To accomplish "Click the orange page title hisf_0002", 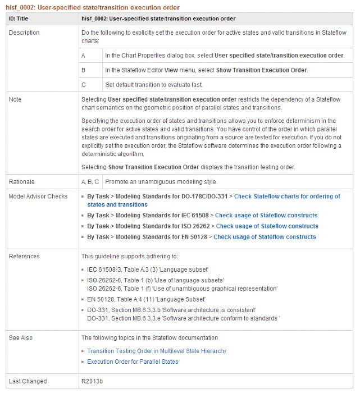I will click(93, 7).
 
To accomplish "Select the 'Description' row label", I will click(24, 33).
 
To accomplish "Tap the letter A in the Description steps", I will click(83, 56).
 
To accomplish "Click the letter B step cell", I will click(83, 70).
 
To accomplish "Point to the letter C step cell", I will click(84, 85).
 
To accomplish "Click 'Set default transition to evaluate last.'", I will click(153, 85).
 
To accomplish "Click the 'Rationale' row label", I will click(22, 182).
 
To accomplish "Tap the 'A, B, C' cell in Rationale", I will click(90, 182).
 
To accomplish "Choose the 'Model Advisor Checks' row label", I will click(38, 196).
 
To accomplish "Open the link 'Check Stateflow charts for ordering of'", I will click(287, 196).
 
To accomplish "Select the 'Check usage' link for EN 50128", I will click(265, 237).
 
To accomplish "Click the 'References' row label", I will click(24, 257).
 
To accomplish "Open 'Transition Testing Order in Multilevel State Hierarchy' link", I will click(157, 351).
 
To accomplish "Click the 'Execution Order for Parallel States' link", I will click(133, 362).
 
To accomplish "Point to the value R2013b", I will click(92, 382).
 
